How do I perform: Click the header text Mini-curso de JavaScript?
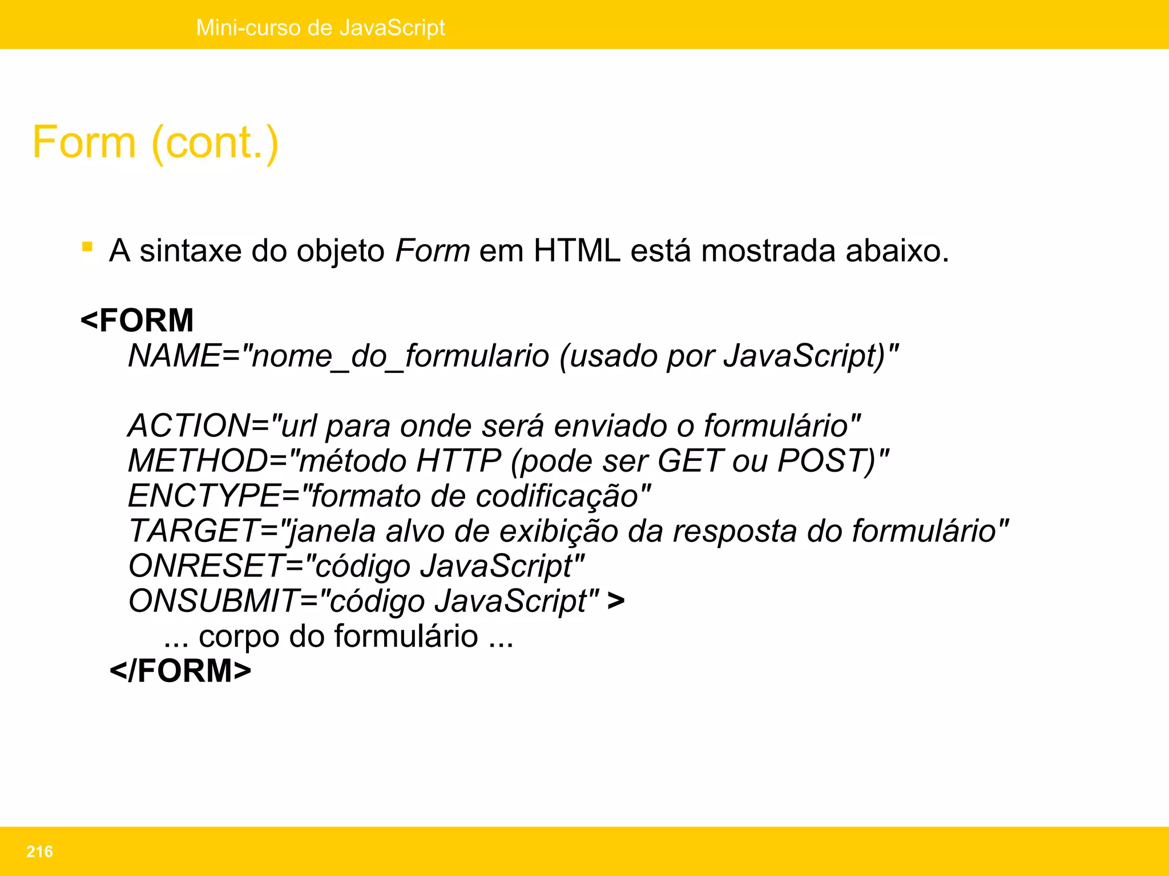(320, 27)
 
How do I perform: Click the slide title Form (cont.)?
(155, 142)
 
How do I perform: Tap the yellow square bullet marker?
(87, 247)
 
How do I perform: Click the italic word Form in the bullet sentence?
(432, 251)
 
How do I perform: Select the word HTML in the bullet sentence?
(577, 251)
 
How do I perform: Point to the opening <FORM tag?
(138, 320)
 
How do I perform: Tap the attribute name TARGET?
(194, 531)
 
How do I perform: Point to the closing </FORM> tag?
(180, 671)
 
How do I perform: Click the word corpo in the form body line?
(239, 636)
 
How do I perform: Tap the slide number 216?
(39, 851)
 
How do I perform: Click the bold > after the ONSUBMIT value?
(616, 601)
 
